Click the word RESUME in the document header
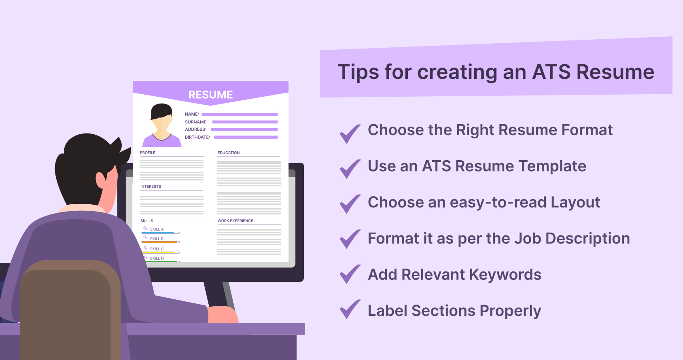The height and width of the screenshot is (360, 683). pos(210,95)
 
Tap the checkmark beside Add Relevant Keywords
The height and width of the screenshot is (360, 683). pos(350,274)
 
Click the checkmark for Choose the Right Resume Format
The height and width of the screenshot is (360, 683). pos(350,133)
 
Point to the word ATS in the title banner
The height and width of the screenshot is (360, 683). pos(551,72)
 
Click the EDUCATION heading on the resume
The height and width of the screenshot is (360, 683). pos(228,153)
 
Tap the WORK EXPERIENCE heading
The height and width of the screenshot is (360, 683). pos(235,221)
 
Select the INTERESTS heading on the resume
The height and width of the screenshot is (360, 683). pos(151,186)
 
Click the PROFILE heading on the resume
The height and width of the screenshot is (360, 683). pos(148,153)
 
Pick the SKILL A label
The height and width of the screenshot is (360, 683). pos(157,229)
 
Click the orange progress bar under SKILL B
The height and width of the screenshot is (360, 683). pos(160,242)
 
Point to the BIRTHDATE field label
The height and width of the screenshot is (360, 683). pos(197,137)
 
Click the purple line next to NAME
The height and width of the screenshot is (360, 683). pos(240,114)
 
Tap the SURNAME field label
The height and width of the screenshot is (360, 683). pos(196,122)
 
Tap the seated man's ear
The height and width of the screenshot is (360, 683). pos(101,180)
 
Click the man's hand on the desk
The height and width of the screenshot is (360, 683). pos(223,314)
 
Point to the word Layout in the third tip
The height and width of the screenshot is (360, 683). pos(575,202)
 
